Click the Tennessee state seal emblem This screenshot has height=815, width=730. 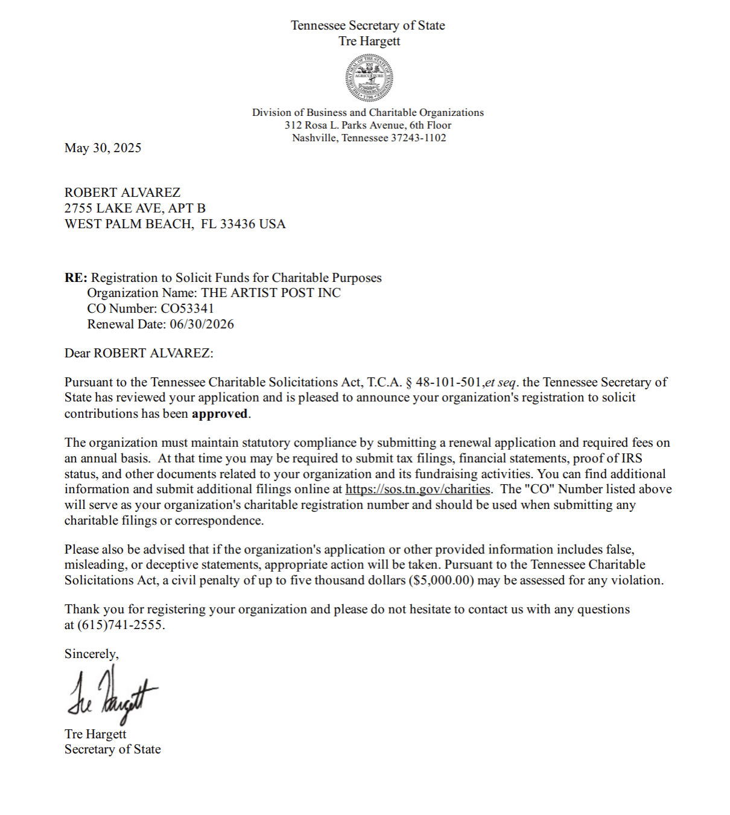pos(369,78)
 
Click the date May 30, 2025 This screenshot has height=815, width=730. pos(103,148)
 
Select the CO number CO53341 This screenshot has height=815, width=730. pos(187,308)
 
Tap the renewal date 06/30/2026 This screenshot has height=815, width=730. pos(202,324)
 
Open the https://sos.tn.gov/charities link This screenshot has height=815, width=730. pos(417,489)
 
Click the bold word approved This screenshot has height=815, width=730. pos(220,414)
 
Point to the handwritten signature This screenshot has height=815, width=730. pos(112,696)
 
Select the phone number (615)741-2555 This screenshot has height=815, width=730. pos(121,625)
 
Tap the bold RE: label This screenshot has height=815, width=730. pos(76,278)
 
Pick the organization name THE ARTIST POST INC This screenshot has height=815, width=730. pos(271,293)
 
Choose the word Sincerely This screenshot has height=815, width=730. pos(91,654)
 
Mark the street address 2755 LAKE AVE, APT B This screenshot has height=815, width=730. pos(135,208)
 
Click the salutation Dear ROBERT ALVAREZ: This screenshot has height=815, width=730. pos(139,353)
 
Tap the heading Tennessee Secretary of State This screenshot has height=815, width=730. pos(368,25)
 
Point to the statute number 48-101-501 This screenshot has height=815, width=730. pos(448,382)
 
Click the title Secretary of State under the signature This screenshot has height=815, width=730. pos(113,749)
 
